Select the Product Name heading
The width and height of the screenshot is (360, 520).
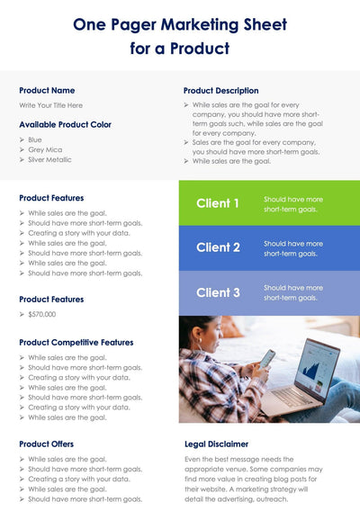[x=47, y=90]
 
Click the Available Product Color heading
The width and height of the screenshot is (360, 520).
[x=65, y=124]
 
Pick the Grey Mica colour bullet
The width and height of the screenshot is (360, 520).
[x=46, y=150]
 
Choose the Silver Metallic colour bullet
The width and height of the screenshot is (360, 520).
[x=49, y=160]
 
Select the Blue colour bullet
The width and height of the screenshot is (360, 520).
[x=35, y=140]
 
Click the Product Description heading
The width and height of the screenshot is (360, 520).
[x=220, y=90]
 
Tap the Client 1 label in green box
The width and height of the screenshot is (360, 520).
[x=218, y=203]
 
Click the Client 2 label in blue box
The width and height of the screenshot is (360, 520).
[x=218, y=247]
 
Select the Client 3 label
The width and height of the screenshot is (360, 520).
[x=218, y=292]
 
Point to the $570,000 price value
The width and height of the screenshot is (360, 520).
[x=42, y=315]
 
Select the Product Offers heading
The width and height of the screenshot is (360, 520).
[x=46, y=444]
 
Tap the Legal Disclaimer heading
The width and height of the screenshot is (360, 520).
[x=216, y=444]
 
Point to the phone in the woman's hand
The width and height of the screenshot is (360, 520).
[x=267, y=358]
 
